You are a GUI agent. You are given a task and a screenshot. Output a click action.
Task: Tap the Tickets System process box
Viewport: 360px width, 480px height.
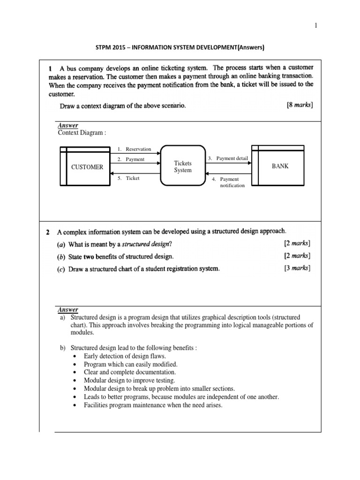click(183, 167)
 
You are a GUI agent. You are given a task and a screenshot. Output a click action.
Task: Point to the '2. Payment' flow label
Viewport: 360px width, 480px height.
click(131, 159)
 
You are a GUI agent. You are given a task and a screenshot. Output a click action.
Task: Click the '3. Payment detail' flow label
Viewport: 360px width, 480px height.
click(228, 158)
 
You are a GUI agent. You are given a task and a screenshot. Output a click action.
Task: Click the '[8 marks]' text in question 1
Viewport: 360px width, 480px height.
click(300, 105)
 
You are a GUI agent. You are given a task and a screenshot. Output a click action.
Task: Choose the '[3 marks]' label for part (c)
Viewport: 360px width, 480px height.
click(297, 268)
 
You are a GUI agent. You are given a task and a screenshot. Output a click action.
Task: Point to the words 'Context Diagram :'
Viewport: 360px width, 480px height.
click(82, 133)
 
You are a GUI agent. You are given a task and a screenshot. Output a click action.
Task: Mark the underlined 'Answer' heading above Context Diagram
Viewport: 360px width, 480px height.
click(68, 126)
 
